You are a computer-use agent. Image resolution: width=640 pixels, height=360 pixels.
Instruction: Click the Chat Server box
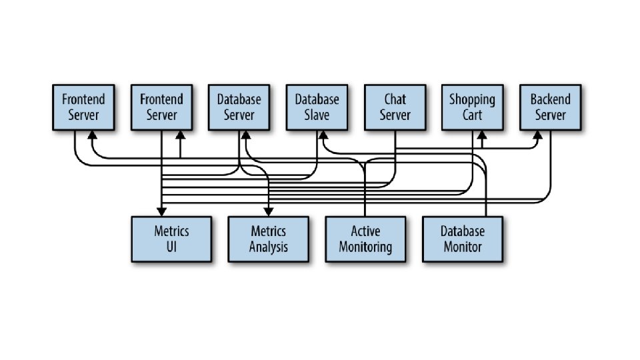click(395, 107)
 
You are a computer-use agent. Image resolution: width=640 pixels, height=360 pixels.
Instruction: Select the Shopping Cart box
click(472, 107)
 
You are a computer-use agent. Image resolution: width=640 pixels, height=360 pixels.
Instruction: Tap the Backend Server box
click(550, 107)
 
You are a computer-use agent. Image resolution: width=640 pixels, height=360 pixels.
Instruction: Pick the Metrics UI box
click(171, 239)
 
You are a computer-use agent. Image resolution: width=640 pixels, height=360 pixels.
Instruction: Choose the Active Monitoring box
click(365, 239)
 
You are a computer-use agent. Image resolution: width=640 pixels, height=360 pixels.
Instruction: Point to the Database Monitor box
click(462, 239)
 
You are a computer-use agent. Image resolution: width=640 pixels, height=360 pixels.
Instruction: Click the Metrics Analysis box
click(268, 239)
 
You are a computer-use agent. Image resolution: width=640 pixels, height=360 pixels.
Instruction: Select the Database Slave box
click(317, 107)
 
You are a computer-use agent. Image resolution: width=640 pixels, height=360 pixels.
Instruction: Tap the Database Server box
click(239, 107)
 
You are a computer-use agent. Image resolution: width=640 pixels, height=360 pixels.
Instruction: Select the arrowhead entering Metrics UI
click(161, 211)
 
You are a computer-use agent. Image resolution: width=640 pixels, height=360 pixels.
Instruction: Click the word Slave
click(317, 115)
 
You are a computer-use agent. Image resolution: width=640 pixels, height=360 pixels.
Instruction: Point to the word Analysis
click(268, 247)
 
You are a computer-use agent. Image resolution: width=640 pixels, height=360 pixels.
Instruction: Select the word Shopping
click(472, 99)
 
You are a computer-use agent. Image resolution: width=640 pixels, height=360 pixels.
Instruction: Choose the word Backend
click(550, 99)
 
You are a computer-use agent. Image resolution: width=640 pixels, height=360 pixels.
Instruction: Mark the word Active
click(365, 231)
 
